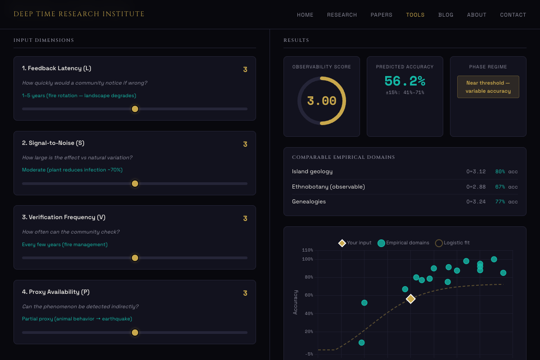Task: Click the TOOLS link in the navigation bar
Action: point(415,15)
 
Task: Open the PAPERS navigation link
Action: point(381,15)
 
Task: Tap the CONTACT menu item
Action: point(513,15)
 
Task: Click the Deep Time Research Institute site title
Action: point(79,14)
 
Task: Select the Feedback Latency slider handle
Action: point(135,109)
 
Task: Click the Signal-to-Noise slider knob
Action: point(135,184)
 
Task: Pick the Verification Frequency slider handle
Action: point(135,258)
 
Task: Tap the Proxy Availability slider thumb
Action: point(135,333)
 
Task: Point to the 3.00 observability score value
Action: point(321,101)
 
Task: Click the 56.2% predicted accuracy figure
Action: point(405,81)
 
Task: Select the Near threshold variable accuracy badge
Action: point(488,87)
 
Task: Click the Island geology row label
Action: point(312,171)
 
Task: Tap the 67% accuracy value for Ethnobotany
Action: point(500,187)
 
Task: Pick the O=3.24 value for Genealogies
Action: point(476,202)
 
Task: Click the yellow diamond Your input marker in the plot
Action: point(410,299)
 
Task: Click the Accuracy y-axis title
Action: point(295,302)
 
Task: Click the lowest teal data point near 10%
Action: point(361,342)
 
